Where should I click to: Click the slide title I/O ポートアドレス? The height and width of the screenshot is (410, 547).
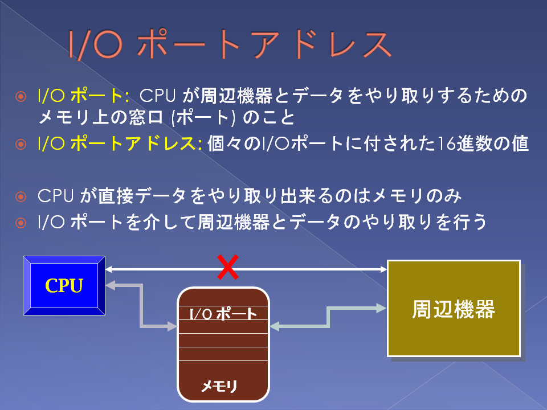(x=230, y=44)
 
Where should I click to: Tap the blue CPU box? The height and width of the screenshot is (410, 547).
(x=64, y=285)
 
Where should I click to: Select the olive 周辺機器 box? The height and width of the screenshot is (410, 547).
(x=454, y=309)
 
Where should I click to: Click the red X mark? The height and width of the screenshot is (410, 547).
(x=228, y=267)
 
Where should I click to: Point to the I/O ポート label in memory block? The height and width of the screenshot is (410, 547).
(x=223, y=314)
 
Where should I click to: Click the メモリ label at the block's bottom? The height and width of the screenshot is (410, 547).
(x=219, y=386)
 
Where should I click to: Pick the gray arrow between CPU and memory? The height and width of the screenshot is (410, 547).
(x=141, y=306)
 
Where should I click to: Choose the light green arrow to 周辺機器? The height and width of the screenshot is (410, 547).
(x=328, y=317)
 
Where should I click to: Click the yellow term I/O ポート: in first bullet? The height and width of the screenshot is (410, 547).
(x=83, y=95)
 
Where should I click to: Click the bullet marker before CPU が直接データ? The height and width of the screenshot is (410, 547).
(x=21, y=196)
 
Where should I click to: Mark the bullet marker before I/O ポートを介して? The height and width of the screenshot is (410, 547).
(x=21, y=223)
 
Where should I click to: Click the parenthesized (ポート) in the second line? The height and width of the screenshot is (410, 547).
(x=202, y=117)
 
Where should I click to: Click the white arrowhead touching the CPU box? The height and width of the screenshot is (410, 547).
(x=108, y=269)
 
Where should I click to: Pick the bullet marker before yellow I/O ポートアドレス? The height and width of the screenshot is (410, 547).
(x=21, y=144)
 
